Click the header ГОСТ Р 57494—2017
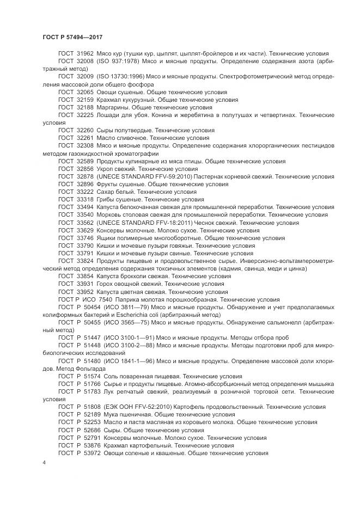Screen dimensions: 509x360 point(72,36)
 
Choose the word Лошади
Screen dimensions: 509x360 point(109,115)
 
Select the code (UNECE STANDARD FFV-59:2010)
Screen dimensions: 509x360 point(144,176)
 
